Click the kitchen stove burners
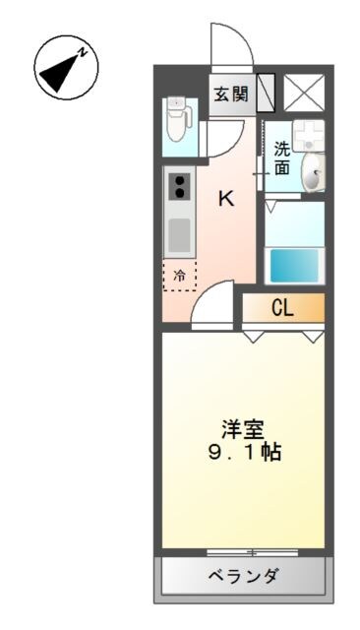[179, 187]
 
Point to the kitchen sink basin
[179, 234]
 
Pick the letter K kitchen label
[225, 199]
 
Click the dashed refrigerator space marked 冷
[179, 276]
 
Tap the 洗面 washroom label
[281, 157]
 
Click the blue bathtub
[296, 266]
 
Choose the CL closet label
[282, 307]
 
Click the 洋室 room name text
[240, 429]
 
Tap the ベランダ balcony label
[242, 577]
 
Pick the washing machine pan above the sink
[307, 134]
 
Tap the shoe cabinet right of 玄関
[266, 94]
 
